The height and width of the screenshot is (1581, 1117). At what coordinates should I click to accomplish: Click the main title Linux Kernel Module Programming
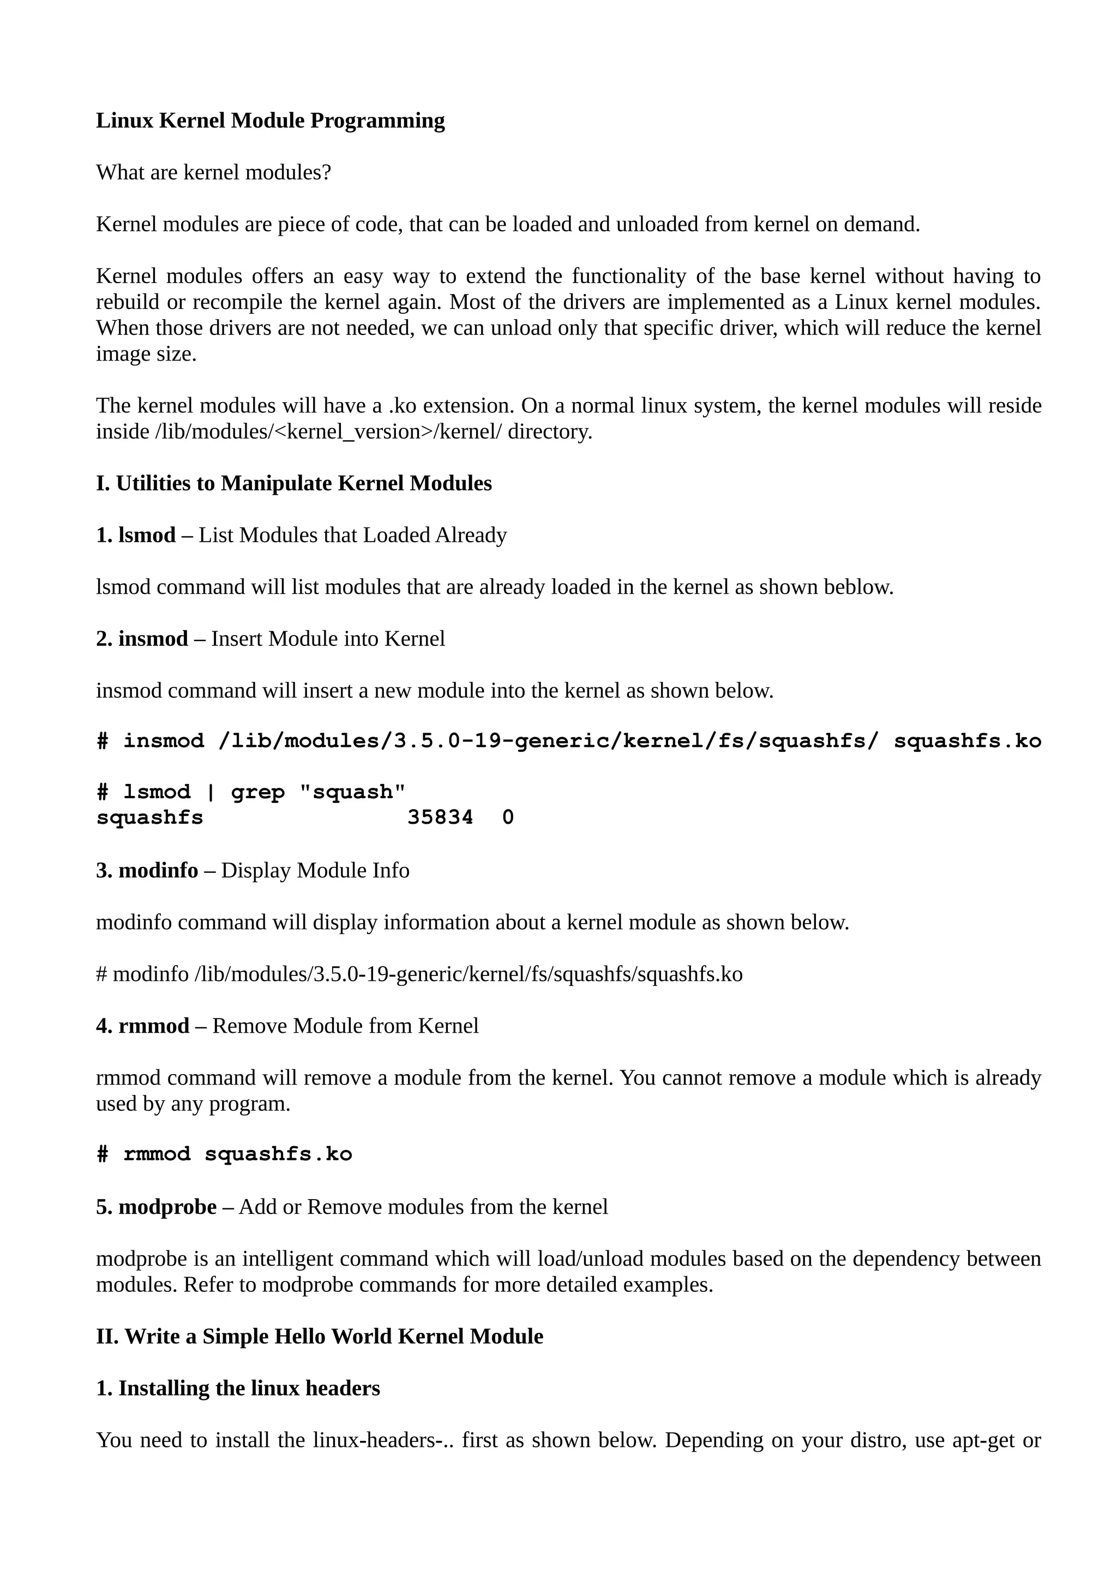click(x=270, y=121)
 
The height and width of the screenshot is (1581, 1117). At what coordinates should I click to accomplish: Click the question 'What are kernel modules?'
click(x=213, y=172)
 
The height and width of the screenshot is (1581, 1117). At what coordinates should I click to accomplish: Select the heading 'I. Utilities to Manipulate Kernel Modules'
click(x=294, y=483)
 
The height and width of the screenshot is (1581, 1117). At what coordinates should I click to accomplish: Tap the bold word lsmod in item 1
click(x=147, y=535)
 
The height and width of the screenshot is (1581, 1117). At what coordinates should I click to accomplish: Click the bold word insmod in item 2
click(x=153, y=639)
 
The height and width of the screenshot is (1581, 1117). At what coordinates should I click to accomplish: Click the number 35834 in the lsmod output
click(x=441, y=817)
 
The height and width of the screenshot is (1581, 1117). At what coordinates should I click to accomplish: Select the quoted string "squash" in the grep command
click(x=352, y=792)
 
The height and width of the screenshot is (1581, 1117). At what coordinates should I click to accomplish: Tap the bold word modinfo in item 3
click(x=158, y=870)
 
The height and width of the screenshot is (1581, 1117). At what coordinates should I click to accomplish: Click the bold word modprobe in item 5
click(x=167, y=1207)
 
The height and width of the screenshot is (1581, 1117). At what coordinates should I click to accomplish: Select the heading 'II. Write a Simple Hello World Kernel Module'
click(x=320, y=1337)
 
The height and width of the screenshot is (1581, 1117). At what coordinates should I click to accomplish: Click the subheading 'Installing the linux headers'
click(x=249, y=1388)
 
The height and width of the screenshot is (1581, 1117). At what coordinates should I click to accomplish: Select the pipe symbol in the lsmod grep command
click(x=211, y=792)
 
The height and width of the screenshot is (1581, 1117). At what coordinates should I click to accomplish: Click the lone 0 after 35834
click(x=508, y=817)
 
